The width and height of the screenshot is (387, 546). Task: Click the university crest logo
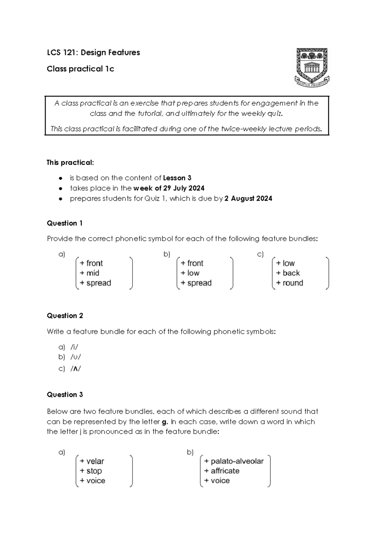coord(312,67)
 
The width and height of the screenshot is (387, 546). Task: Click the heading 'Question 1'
coord(65,223)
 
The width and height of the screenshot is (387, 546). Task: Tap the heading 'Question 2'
coord(65,316)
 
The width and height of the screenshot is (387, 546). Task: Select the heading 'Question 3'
coord(65,395)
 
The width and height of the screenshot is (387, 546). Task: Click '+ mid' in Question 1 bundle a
coord(90,273)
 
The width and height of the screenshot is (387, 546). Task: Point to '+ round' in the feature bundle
coord(290,283)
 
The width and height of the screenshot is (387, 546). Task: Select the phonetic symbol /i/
coord(74,347)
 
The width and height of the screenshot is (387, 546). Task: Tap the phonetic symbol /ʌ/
coord(75,369)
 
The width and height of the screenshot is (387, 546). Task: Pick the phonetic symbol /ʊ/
coord(75,357)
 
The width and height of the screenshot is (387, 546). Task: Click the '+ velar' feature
coord(92,461)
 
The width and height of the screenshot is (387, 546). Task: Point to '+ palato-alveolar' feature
coord(234,461)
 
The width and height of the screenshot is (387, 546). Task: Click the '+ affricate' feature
coord(222,471)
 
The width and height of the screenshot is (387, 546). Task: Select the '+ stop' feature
coord(91,471)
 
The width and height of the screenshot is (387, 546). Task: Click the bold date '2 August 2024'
coord(248,199)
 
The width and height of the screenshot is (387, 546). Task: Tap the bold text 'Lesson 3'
coord(177,178)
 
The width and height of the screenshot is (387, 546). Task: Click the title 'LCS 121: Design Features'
coord(93,53)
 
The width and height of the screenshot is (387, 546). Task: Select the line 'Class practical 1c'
coord(80,69)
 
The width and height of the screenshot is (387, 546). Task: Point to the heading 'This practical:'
coord(70,162)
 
